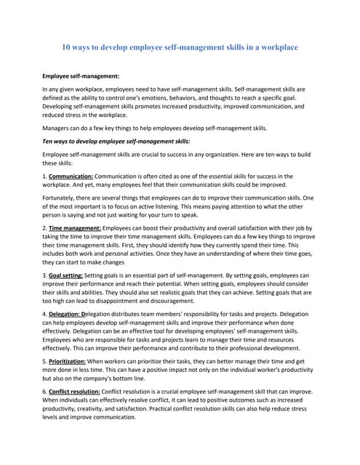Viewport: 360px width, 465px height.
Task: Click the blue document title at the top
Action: click(x=180, y=47)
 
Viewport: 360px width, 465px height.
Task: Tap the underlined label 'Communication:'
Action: click(x=71, y=176)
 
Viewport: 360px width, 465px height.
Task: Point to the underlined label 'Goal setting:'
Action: click(x=66, y=276)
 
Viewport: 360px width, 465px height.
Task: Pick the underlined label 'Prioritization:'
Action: click(x=72, y=361)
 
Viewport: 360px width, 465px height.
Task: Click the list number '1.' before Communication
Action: click(x=45, y=176)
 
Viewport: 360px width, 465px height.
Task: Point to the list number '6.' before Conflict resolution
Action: click(x=45, y=390)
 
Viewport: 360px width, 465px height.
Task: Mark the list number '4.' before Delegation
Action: click(x=45, y=314)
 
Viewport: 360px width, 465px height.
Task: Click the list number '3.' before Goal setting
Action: click(x=45, y=276)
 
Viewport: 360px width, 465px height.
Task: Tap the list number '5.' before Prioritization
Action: click(x=45, y=361)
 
